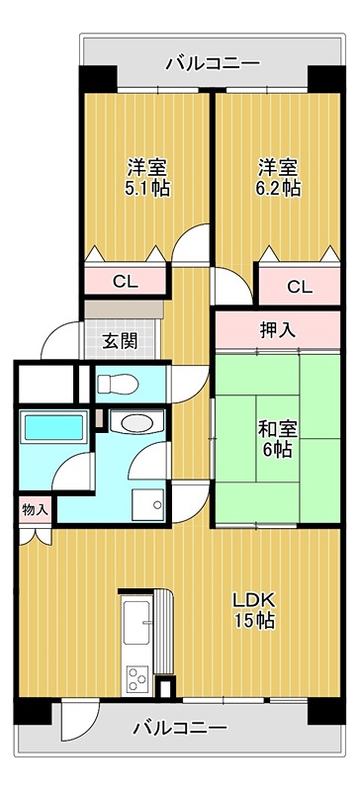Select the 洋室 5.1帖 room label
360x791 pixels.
[x=146, y=177]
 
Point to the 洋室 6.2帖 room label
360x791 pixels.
[x=280, y=177]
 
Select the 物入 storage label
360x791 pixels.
[x=35, y=509]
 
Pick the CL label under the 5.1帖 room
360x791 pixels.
[x=125, y=282]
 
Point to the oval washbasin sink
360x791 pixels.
[x=132, y=424]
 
